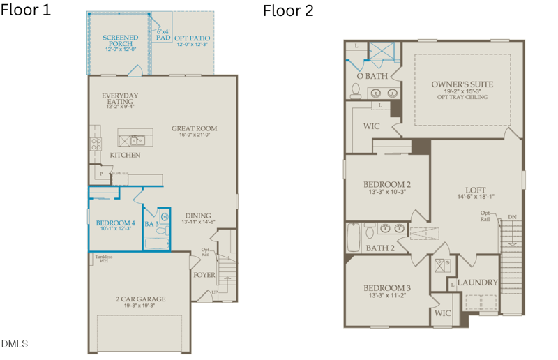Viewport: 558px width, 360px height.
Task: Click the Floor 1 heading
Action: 26,10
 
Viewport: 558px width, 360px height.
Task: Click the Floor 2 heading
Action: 288,10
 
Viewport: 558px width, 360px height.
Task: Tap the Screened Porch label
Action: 120,40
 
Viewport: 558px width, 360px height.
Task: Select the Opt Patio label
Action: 193,38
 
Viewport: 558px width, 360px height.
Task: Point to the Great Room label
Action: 195,128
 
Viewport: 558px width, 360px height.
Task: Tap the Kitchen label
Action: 126,155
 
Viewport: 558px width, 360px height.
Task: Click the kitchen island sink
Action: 139,139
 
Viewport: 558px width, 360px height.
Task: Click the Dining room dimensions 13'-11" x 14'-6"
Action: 198,223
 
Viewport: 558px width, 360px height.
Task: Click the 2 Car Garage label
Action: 140,299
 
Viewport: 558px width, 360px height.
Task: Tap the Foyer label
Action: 204,275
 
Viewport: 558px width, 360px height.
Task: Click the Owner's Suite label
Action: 462,84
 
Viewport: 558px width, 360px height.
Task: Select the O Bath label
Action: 372,75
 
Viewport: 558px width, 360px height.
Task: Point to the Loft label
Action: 475,190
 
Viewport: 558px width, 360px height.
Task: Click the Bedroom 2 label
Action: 386,184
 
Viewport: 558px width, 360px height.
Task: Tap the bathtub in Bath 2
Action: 354,238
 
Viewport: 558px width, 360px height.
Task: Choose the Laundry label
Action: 478,283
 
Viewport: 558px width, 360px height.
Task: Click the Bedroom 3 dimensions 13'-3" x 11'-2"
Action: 386,296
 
